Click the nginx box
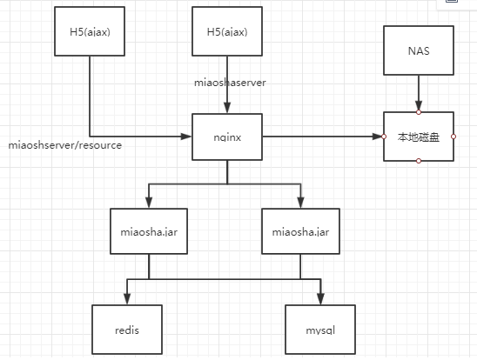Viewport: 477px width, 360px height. coord(227,137)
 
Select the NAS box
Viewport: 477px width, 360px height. coord(418,51)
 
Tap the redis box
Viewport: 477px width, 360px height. coord(127,331)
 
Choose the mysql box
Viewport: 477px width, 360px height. coord(321,331)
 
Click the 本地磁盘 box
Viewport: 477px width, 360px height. coord(418,137)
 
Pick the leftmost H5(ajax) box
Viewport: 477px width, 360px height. coord(89,33)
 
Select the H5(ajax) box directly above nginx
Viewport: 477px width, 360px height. coord(227,33)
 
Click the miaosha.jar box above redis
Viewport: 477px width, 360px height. coord(148,232)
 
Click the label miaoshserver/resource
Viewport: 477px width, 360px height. coord(64,144)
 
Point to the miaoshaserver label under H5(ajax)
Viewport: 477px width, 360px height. coord(230,82)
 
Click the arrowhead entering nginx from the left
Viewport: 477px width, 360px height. coord(186,137)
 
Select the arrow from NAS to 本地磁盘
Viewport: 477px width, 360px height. coord(418,93)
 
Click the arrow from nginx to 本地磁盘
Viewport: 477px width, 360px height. coord(322,137)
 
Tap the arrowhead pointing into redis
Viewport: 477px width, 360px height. coord(127,300)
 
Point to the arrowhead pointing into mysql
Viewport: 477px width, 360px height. coord(321,300)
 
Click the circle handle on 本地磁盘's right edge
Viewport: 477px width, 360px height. coord(453,137)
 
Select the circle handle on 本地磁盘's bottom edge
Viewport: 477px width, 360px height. coord(418,161)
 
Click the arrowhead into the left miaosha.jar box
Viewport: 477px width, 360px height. coord(148,203)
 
